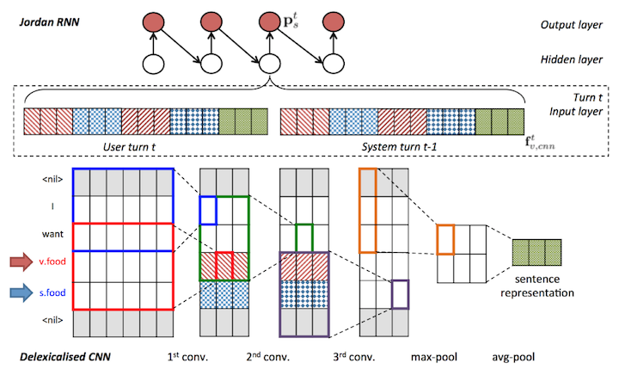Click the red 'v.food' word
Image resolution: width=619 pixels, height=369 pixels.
(52, 258)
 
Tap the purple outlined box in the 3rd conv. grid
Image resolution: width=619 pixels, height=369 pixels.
(400, 293)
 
